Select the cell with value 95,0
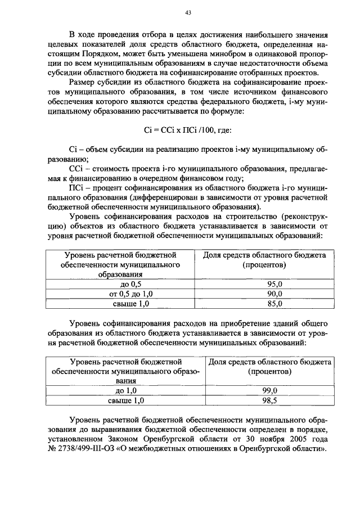point(274,285)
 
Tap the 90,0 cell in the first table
point(274,294)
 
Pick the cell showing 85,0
point(274,304)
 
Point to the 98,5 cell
point(270,400)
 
